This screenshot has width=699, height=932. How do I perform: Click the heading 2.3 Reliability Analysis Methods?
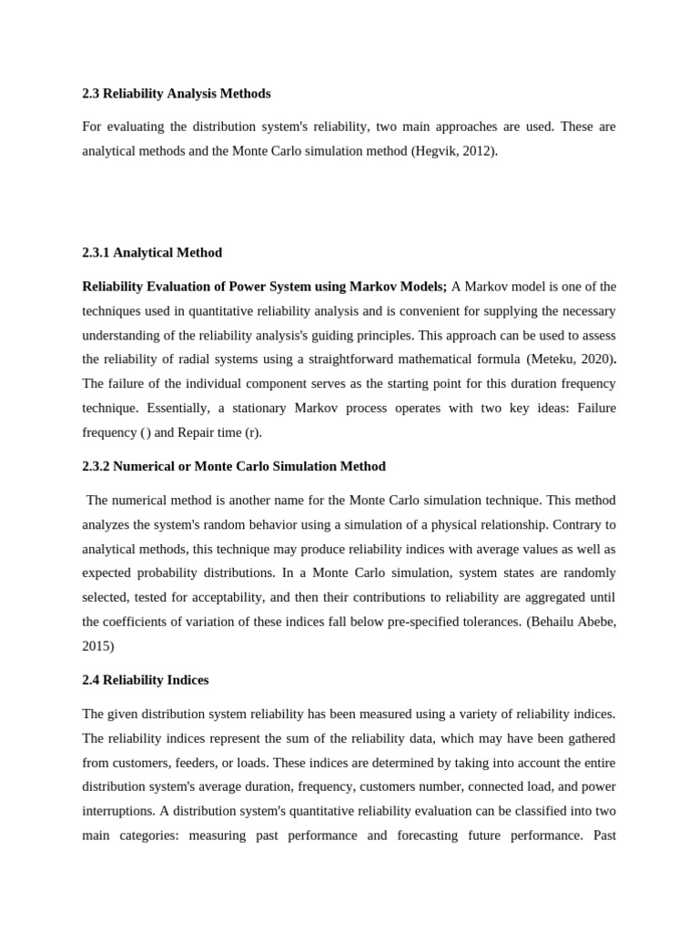coord(177,94)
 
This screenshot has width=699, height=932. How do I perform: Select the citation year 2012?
coord(480,151)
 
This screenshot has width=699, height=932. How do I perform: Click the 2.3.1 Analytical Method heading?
coord(152,252)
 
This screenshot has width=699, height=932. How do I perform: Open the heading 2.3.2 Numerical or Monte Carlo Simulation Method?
coord(234,466)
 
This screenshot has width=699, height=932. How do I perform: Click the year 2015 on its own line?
coord(96,646)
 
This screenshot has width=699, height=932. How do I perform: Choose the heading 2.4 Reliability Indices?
coord(146,680)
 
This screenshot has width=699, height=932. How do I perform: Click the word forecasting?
coord(424,835)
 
